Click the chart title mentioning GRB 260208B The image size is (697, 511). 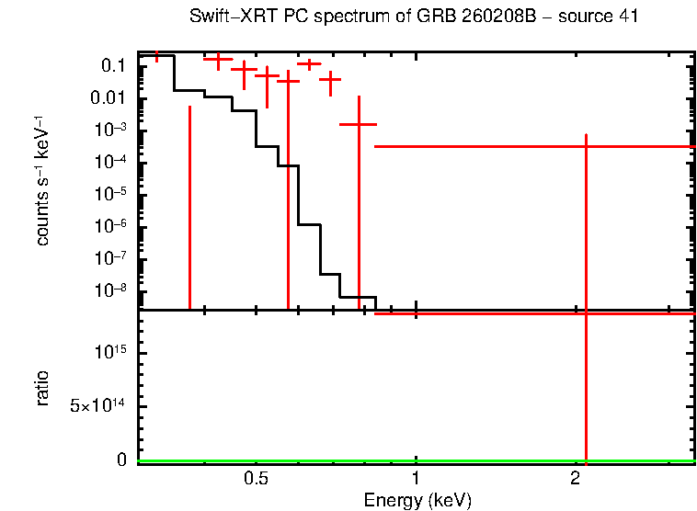[414, 17]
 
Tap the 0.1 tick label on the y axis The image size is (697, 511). [113, 66]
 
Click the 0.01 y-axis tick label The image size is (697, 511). [109, 98]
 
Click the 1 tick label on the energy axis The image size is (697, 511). [417, 480]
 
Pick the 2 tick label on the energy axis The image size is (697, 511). [576, 480]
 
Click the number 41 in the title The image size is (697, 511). [629, 17]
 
